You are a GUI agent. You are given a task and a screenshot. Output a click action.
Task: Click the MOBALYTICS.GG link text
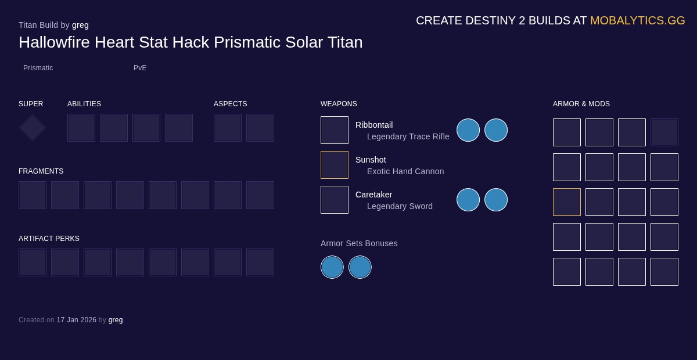[x=637, y=20]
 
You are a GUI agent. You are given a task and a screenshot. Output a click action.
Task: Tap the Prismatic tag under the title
[x=38, y=68]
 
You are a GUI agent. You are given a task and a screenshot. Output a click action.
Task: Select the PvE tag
[x=140, y=68]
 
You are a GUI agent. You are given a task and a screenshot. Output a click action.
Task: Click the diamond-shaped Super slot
[x=33, y=128]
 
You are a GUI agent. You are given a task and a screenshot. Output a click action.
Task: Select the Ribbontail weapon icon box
[x=335, y=130]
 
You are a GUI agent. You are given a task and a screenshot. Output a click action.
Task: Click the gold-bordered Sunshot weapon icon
[x=335, y=165]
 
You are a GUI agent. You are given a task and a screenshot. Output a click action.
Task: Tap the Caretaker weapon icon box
[x=335, y=200]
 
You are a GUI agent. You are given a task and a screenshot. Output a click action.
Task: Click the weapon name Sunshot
[x=371, y=160]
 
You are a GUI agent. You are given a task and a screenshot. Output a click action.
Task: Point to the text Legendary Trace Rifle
[x=408, y=136]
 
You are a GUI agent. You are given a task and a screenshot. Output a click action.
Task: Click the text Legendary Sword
[x=400, y=206]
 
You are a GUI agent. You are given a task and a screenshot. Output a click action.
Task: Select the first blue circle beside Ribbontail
[x=468, y=130]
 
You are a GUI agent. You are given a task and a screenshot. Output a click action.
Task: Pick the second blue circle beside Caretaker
[x=496, y=200]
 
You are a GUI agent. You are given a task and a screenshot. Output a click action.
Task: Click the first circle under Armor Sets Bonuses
[x=332, y=267]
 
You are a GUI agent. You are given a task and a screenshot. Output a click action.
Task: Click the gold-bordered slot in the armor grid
[x=567, y=202]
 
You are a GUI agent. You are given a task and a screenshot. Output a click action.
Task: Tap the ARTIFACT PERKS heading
[x=49, y=239]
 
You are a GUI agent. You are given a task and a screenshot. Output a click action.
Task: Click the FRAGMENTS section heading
[x=41, y=171]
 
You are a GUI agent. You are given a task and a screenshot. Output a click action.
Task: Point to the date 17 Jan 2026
[x=76, y=320]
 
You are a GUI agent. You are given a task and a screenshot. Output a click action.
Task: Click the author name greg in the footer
[x=116, y=320]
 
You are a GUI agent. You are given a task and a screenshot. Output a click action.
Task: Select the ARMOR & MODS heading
[x=581, y=104]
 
